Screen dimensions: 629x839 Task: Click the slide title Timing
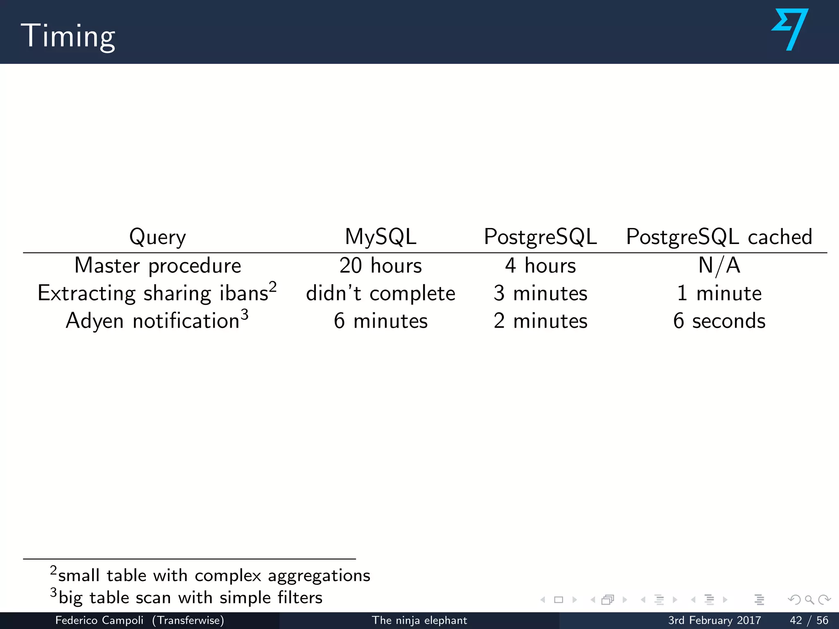click(68, 36)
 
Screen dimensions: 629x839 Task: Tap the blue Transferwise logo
click(790, 29)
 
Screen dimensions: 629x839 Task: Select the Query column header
click(157, 237)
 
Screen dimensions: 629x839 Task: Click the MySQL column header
click(381, 237)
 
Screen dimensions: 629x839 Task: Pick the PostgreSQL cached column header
click(719, 237)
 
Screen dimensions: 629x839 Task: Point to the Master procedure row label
click(158, 265)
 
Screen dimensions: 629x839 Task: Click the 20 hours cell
click(381, 265)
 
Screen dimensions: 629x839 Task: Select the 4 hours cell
click(540, 265)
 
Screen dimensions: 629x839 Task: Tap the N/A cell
click(719, 265)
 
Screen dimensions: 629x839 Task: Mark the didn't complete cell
click(381, 293)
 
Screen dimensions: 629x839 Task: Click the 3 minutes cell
click(540, 293)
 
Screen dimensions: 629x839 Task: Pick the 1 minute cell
click(719, 293)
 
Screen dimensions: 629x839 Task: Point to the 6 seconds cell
click(719, 321)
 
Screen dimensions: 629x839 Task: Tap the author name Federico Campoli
click(99, 620)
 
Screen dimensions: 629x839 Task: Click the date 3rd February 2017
click(714, 620)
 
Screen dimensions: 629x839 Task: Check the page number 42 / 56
click(809, 620)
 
